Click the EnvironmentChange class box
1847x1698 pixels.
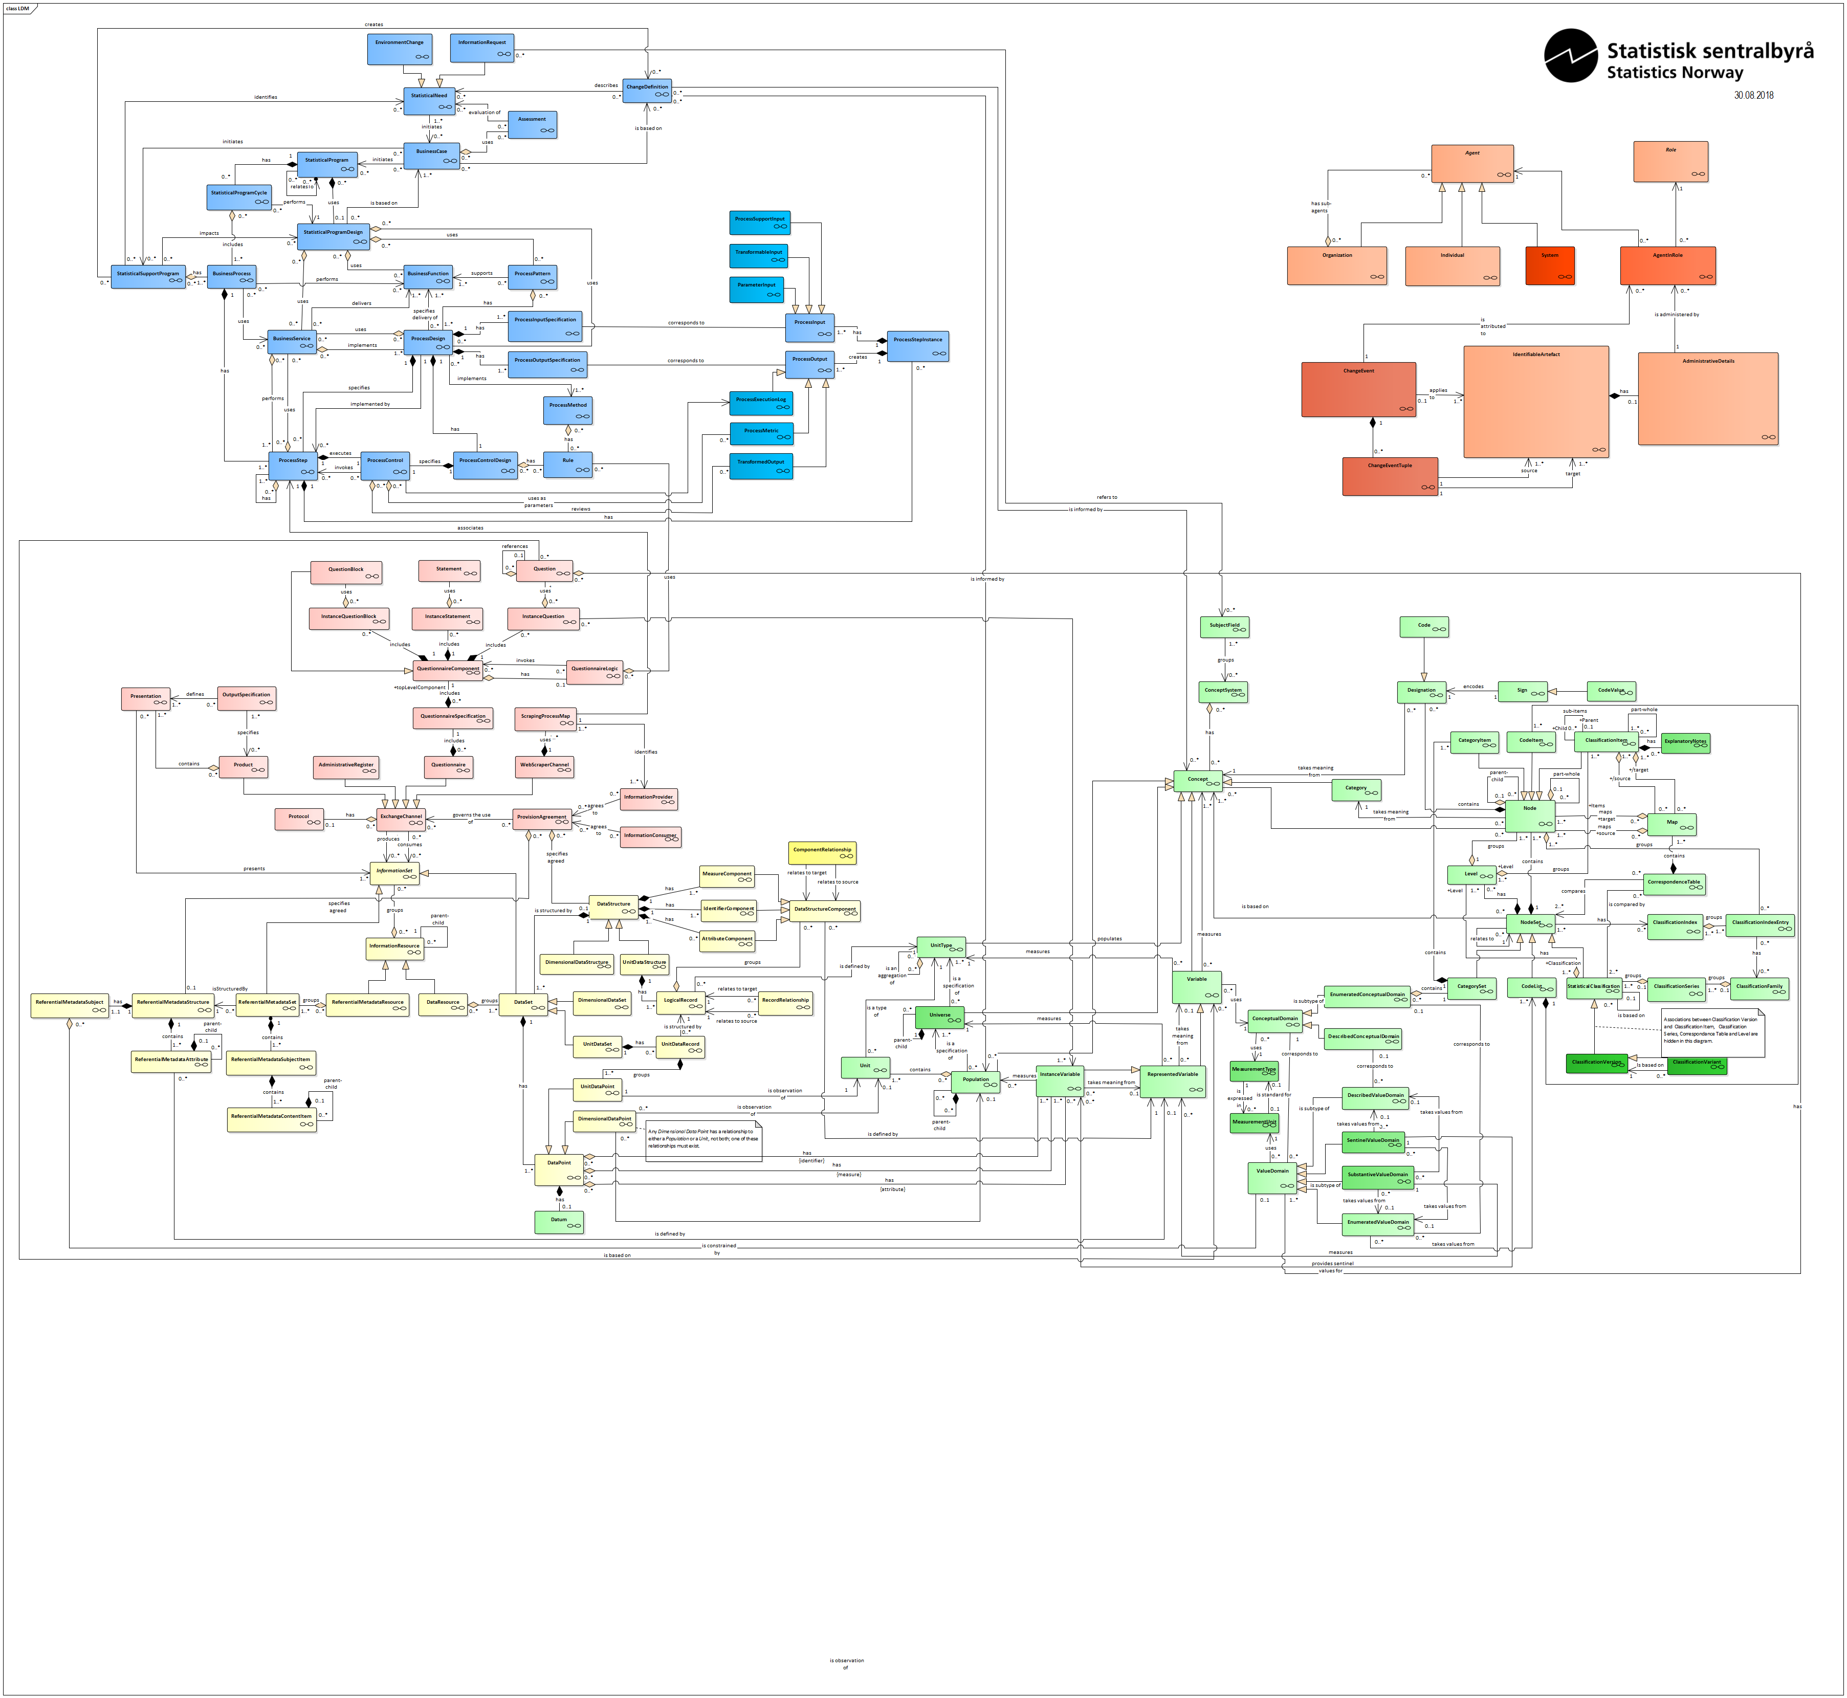click(x=399, y=50)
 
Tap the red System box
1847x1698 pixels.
click(x=1550, y=266)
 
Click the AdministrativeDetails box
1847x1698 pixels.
click(x=1707, y=399)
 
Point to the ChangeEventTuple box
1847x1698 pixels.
click(x=1390, y=476)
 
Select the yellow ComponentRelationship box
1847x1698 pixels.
click(x=822, y=853)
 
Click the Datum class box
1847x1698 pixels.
click(x=559, y=1222)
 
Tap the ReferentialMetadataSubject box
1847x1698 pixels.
click(x=70, y=1005)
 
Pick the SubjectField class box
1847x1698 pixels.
click(x=1224, y=628)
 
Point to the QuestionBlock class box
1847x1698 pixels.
click(x=345, y=572)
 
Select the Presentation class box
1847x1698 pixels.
click(x=145, y=698)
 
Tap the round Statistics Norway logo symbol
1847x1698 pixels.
click(x=1570, y=55)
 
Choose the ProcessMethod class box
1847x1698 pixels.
click(x=567, y=410)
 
